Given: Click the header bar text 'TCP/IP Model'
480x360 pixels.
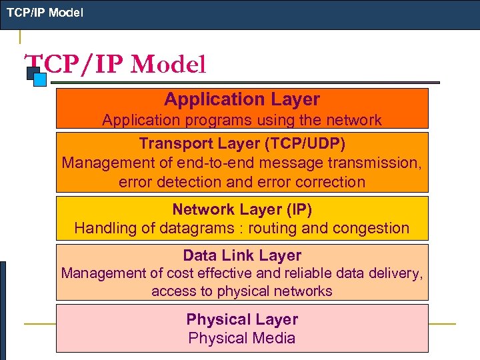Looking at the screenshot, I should (x=45, y=12).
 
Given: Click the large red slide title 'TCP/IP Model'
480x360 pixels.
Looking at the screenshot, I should (x=115, y=65).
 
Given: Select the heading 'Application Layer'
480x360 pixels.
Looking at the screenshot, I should (x=242, y=99).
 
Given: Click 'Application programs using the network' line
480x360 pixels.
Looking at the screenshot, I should (x=242, y=120).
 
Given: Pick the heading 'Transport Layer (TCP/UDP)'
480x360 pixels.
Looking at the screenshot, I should (x=242, y=143).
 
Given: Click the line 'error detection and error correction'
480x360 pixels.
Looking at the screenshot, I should (x=242, y=181).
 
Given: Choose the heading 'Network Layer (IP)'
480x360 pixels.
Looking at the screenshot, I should (x=242, y=209).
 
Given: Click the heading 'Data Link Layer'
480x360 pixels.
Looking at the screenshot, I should (x=242, y=255).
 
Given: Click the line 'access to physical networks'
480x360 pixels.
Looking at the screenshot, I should (x=242, y=291).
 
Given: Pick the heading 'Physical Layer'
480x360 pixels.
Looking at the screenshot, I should (x=242, y=319).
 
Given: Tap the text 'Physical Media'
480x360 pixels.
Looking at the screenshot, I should (x=242, y=338).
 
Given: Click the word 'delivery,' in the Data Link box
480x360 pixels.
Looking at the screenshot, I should (x=397, y=273).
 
